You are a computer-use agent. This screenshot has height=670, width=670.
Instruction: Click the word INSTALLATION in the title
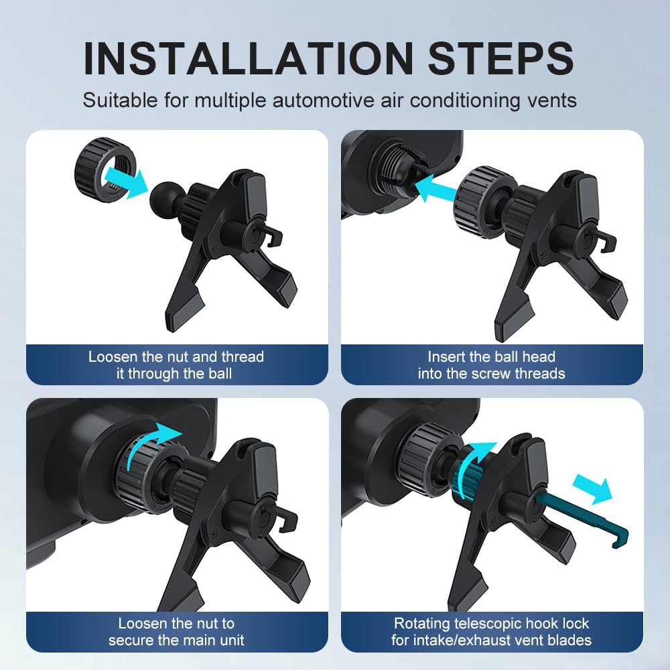[x=249, y=58]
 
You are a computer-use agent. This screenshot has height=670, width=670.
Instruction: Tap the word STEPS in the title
[x=500, y=58]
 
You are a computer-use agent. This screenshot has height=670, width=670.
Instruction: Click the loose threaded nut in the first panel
[x=105, y=170]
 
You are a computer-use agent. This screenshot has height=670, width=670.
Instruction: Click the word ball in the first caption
[x=220, y=373]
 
